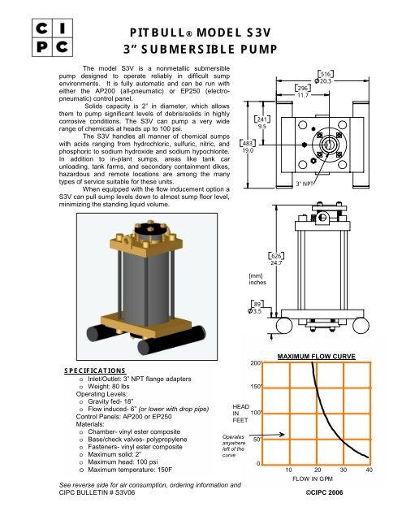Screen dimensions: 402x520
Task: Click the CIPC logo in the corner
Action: [52, 37]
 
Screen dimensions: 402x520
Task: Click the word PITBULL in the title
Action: [158, 32]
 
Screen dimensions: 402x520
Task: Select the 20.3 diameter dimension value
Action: [326, 81]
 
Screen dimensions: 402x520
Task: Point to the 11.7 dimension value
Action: [303, 95]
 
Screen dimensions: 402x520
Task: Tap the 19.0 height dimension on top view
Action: [248, 150]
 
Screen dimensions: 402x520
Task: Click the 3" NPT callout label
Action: [305, 183]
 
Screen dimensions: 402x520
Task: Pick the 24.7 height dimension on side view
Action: [276, 263]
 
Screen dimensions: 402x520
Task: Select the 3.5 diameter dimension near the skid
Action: [255, 311]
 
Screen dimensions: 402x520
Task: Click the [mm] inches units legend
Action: [257, 279]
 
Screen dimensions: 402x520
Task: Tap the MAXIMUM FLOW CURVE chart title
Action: [316, 357]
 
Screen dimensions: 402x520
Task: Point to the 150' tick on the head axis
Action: [256, 387]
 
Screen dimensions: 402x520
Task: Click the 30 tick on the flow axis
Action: [344, 470]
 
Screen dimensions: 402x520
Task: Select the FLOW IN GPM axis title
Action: [312, 479]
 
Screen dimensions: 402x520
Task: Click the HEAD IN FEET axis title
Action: [240, 414]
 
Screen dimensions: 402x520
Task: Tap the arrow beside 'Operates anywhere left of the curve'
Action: [267, 435]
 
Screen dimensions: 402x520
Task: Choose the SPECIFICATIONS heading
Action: [95, 370]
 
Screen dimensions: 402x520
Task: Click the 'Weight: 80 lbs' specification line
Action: [108, 387]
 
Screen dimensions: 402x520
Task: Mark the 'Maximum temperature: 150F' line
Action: [130, 470]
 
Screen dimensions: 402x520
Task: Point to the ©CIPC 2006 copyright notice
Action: [324, 492]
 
